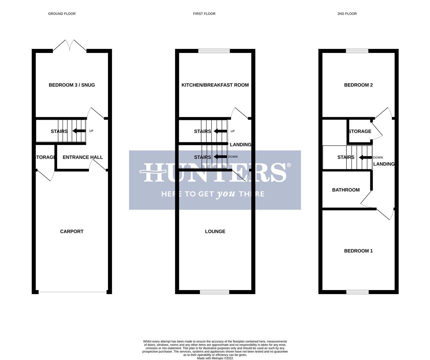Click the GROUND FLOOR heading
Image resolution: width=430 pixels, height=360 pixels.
click(62, 14)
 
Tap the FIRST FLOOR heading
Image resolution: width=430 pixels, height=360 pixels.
click(204, 14)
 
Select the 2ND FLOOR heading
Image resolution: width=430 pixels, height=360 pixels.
click(347, 14)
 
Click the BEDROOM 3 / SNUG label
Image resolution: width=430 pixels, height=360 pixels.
click(72, 85)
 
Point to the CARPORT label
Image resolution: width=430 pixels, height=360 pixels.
click(72, 231)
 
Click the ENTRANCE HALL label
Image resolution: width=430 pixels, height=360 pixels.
click(83, 157)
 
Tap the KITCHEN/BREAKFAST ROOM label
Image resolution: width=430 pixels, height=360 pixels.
click(215, 85)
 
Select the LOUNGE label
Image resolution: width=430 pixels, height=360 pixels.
click(215, 231)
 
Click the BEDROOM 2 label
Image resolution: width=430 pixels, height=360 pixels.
click(358, 85)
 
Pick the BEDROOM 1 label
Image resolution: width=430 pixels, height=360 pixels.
click(358, 251)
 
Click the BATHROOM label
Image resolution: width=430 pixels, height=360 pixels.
click(346, 190)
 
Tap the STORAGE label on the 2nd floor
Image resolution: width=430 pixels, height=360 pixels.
click(360, 131)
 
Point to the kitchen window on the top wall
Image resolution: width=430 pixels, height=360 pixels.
click(214, 51)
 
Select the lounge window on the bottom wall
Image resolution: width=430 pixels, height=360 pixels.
click(214, 292)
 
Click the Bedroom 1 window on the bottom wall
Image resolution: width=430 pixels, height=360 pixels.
click(357, 292)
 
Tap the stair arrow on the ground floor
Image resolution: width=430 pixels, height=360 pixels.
click(79, 131)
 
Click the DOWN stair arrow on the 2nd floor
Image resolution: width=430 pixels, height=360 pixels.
click(365, 157)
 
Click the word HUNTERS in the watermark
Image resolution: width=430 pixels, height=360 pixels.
click(215, 172)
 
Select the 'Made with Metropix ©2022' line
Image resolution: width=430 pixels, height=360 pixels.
click(215, 358)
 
